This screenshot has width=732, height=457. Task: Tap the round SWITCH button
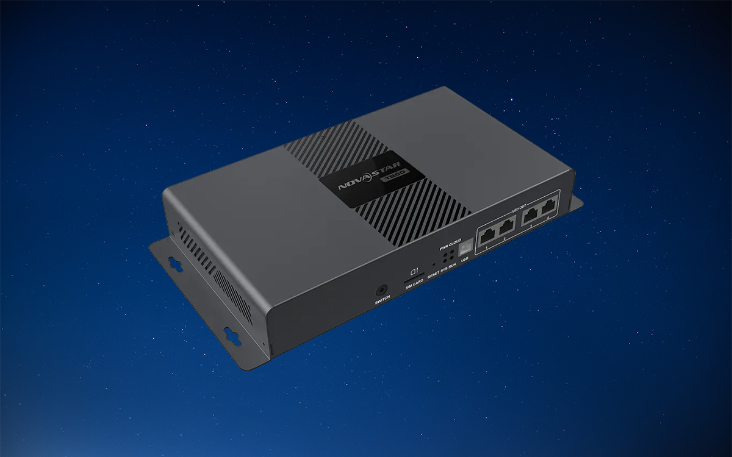(382, 290)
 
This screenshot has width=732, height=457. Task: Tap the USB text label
(465, 261)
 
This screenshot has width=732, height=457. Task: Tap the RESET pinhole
(433, 265)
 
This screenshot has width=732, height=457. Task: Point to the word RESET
(432, 275)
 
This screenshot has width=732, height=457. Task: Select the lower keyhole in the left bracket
(232, 335)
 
